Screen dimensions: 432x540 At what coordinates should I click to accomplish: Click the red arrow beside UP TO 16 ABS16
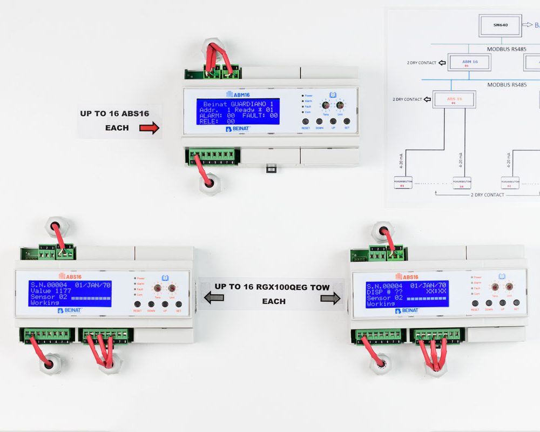149,128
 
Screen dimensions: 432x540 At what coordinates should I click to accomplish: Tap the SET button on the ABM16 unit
347,122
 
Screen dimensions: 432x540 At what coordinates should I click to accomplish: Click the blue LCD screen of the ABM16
238,112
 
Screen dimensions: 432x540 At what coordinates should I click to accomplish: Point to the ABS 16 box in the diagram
454,99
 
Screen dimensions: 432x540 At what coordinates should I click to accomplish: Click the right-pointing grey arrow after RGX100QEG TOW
331,298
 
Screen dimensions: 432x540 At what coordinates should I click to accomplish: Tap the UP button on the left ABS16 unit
165,305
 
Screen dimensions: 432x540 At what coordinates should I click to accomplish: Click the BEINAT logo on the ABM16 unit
238,129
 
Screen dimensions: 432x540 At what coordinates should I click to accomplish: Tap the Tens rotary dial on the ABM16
326,106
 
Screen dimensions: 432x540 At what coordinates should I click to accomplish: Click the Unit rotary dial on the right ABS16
509,287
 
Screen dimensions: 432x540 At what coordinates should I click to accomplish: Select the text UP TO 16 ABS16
114,113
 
